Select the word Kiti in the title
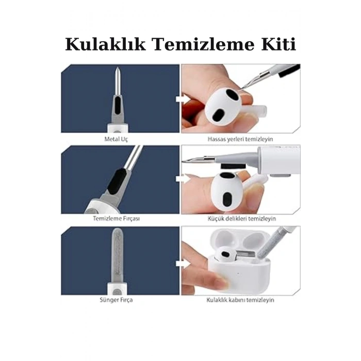pos(278,45)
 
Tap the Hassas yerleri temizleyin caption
pos(240,139)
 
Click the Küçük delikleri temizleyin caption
pos(240,219)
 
